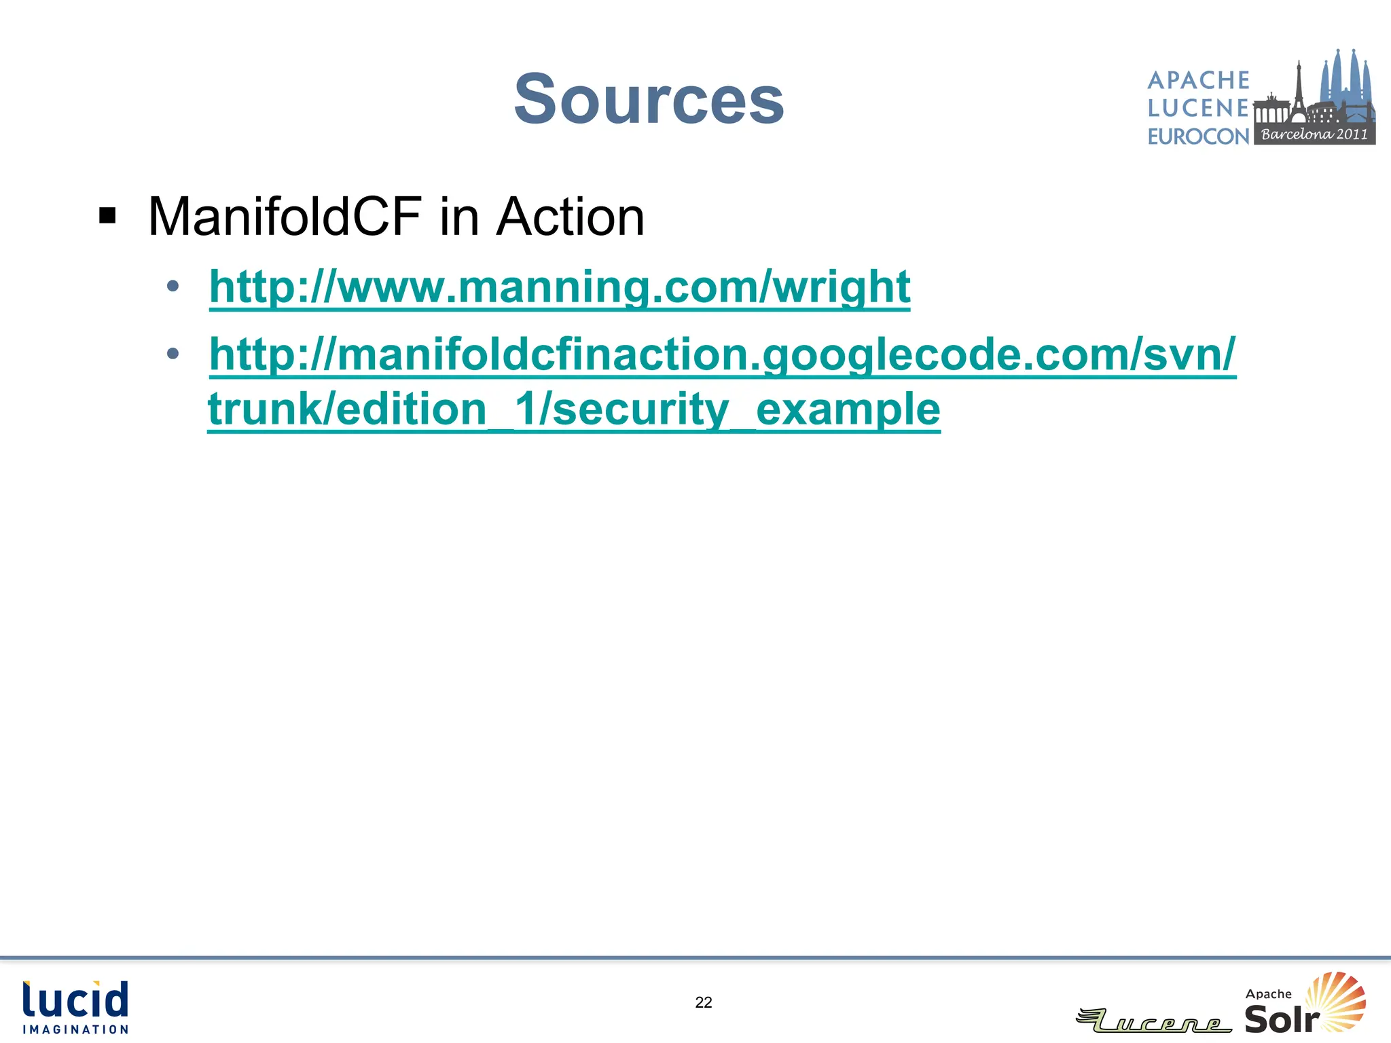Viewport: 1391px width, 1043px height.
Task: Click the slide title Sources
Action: coord(649,99)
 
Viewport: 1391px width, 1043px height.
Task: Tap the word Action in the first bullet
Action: coord(570,217)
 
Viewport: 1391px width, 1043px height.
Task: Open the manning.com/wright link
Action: coord(559,287)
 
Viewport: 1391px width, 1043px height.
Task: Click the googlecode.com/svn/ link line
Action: coord(722,354)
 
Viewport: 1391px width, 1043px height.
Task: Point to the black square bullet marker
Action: coord(107,216)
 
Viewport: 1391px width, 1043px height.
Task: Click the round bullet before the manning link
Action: coord(173,287)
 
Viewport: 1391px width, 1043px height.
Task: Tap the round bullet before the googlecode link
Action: coord(173,353)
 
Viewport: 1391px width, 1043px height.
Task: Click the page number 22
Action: coord(704,1002)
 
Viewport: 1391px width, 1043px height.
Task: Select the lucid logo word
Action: coord(75,1000)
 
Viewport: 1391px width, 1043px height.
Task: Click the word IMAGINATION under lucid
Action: coord(75,1029)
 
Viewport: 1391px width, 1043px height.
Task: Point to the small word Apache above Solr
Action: coord(1268,994)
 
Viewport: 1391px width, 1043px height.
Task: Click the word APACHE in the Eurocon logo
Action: coord(1199,80)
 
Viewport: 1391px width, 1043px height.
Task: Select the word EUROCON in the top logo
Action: coord(1199,136)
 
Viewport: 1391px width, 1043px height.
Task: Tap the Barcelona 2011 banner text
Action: coord(1314,134)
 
